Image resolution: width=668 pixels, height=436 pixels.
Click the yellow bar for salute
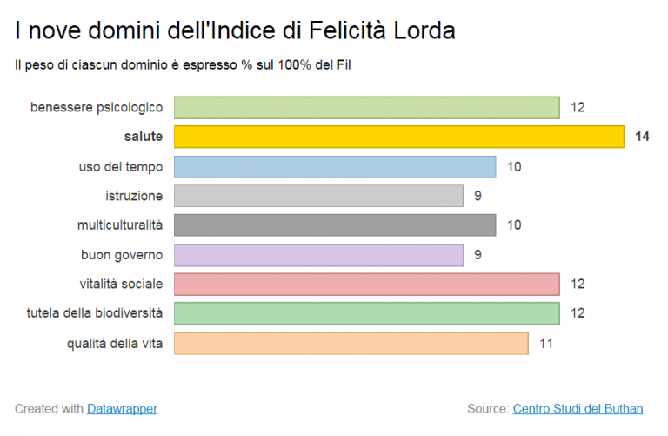[398, 137]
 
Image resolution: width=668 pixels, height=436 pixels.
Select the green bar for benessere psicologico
[366, 107]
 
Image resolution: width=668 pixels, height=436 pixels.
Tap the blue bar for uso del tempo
[335, 166]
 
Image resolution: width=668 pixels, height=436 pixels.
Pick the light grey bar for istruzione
[318, 196]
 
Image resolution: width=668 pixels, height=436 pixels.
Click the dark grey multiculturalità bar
[335, 225]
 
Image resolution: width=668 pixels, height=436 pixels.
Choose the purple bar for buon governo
[318, 255]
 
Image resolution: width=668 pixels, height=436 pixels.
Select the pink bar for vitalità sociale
[366, 284]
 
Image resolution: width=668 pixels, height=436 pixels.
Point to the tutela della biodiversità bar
[366, 313]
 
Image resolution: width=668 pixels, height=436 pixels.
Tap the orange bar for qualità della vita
[351, 343]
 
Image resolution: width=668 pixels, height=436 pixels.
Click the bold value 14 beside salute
[642, 137]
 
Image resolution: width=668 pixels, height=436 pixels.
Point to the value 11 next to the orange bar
[546, 343]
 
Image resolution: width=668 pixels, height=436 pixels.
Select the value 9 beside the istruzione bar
[478, 196]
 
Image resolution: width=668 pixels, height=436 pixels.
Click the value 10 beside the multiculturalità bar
[514, 225]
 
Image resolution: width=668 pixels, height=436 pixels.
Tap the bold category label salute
[144, 137]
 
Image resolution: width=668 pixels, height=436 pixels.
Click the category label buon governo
[122, 255]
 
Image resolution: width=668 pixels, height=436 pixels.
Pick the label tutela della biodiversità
[95, 313]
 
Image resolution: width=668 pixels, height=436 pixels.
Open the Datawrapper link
[122, 408]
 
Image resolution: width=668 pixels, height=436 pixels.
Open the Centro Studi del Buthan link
[578, 408]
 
